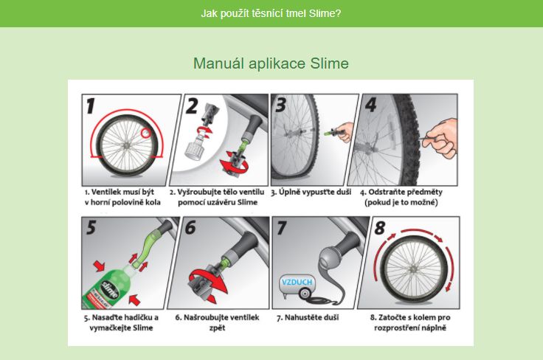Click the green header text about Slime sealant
271,13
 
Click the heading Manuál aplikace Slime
271,63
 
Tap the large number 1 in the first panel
91,107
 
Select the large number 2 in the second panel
192,106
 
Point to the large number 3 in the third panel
280,105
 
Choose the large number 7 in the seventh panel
281,228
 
